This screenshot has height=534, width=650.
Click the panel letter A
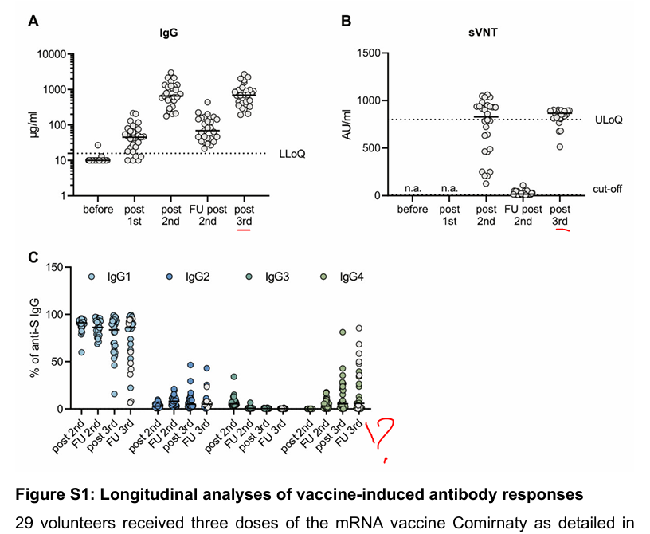(x=33, y=22)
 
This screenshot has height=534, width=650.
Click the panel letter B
(x=346, y=22)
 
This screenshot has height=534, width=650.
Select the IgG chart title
(x=167, y=33)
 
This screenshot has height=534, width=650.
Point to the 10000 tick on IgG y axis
(x=49, y=54)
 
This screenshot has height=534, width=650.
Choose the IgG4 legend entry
(x=350, y=276)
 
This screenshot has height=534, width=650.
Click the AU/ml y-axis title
(x=347, y=123)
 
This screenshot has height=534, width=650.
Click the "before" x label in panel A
(x=98, y=211)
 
